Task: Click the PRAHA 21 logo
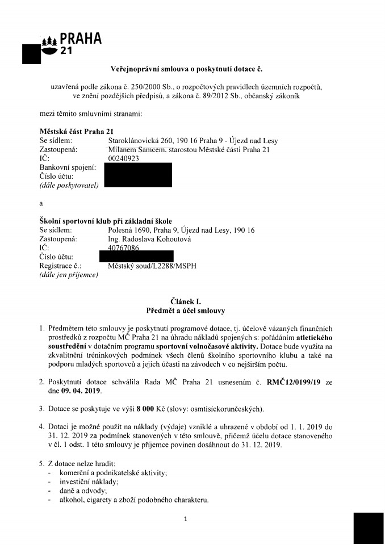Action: (x=73, y=44)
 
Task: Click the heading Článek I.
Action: (x=186, y=301)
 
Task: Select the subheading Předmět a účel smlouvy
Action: (x=186, y=311)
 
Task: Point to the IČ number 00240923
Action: (x=123, y=159)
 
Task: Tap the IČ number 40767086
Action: (x=123, y=248)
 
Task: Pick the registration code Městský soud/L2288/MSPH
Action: (x=152, y=265)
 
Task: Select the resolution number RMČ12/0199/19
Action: (x=296, y=383)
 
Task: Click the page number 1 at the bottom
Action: (x=186, y=518)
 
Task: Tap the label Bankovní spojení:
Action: (x=68, y=167)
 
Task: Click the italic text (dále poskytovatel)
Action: (x=69, y=185)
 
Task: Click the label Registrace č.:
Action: (x=61, y=265)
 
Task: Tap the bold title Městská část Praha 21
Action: (x=77, y=132)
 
